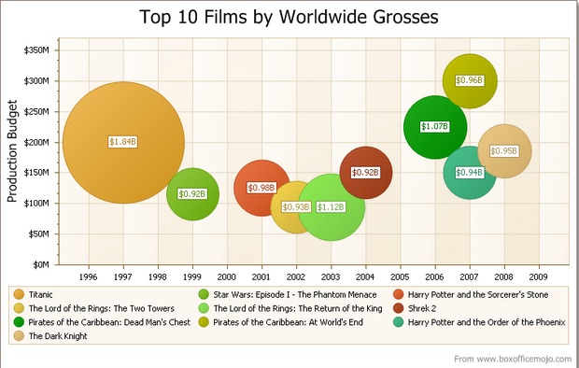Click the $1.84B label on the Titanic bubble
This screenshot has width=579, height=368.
(122, 142)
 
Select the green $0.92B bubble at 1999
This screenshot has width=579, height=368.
(192, 194)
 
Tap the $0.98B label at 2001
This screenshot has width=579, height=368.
(261, 188)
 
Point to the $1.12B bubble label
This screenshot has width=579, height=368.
(331, 207)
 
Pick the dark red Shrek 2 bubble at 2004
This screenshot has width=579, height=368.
(366, 172)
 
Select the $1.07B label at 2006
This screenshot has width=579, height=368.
(434, 126)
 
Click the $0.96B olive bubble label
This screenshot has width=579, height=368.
(469, 80)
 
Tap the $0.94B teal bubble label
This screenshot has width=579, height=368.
(469, 172)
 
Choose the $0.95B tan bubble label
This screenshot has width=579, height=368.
(504, 151)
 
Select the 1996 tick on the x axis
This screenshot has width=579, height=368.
(88, 277)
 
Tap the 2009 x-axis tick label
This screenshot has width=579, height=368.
(539, 277)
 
